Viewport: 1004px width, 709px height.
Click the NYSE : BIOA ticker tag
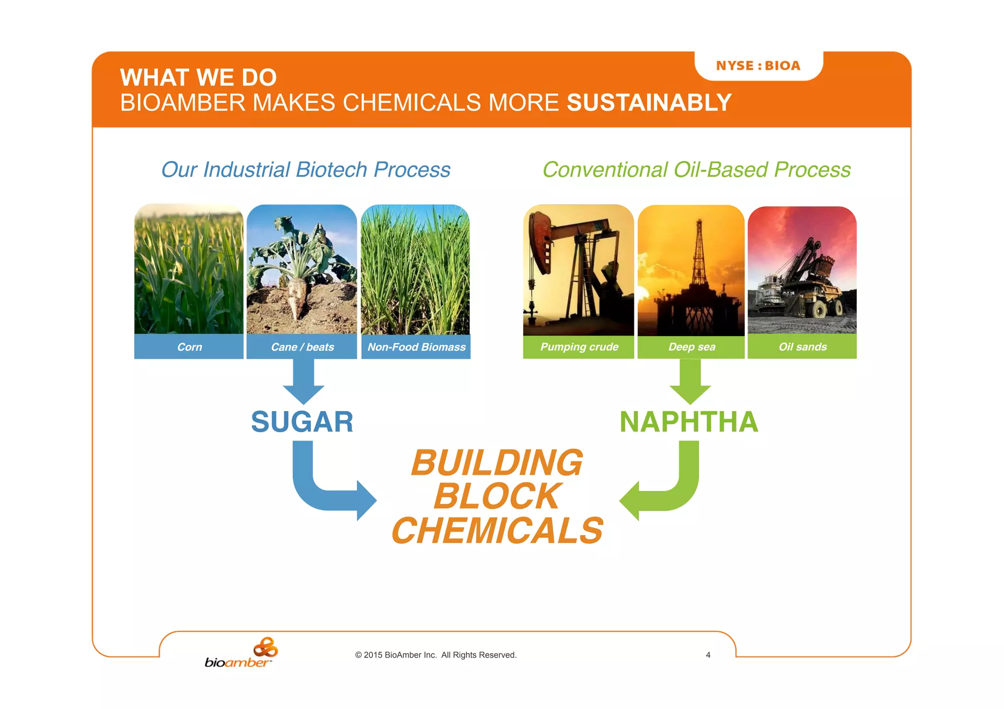click(758, 66)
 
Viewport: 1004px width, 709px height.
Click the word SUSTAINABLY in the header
click(649, 103)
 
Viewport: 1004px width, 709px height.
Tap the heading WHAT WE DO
click(199, 77)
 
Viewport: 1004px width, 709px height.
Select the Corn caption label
click(189, 347)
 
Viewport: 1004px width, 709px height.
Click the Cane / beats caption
click(302, 347)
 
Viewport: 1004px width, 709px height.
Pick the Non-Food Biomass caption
click(416, 347)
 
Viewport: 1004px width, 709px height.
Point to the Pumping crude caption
click(579, 347)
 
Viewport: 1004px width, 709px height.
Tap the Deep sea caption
click(692, 347)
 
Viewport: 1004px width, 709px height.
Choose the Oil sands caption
click(803, 347)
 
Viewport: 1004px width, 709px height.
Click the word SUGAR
click(302, 422)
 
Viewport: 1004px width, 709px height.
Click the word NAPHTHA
click(689, 422)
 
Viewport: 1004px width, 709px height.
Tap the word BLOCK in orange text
click(496, 496)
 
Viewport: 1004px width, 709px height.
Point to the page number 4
click(708, 655)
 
